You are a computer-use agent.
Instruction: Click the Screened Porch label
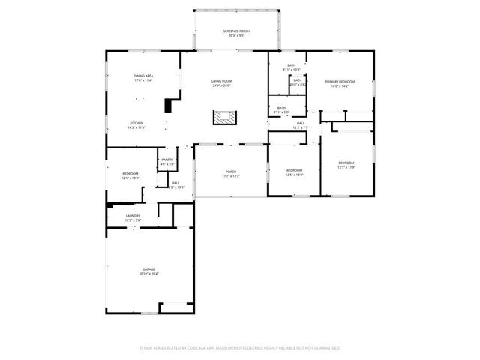tap(236, 31)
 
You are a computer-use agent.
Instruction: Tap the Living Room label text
tap(221, 80)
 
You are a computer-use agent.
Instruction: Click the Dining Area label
tap(143, 76)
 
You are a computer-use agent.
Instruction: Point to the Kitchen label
tap(136, 123)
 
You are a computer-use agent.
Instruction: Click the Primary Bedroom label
tap(340, 81)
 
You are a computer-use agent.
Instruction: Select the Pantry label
tap(166, 160)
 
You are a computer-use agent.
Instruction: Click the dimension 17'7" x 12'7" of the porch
tap(231, 177)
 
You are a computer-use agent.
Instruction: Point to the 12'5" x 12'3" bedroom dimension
tap(294, 175)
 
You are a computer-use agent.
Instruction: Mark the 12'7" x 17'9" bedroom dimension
tap(346, 167)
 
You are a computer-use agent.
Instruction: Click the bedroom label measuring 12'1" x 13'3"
tap(130, 178)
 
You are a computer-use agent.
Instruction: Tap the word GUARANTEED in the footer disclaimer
tap(325, 348)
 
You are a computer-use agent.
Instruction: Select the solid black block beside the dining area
tap(169, 105)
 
